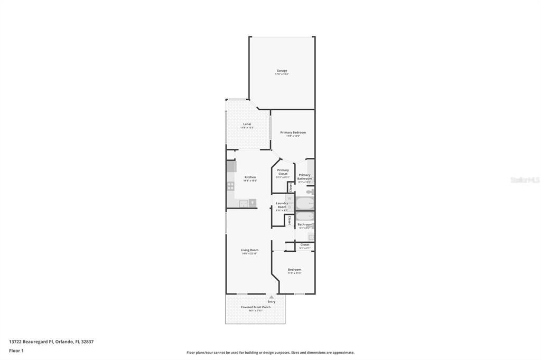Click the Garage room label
[x=282, y=71]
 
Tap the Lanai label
[x=247, y=124]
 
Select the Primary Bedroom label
[x=293, y=132]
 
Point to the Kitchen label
[x=250, y=177]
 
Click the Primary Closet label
[x=283, y=172]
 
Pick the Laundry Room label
[x=282, y=205]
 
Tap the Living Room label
[x=249, y=250]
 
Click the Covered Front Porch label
[x=256, y=307]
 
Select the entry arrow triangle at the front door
[x=272, y=297]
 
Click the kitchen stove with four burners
[x=231, y=186]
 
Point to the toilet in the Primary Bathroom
[x=311, y=192]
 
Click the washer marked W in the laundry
[x=289, y=198]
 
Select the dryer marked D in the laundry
[x=289, y=208]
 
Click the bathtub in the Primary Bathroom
[x=304, y=203]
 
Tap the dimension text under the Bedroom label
[x=294, y=273]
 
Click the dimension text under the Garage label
[x=282, y=74]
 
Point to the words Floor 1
[x=16, y=350]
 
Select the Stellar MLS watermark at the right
[x=525, y=180]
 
